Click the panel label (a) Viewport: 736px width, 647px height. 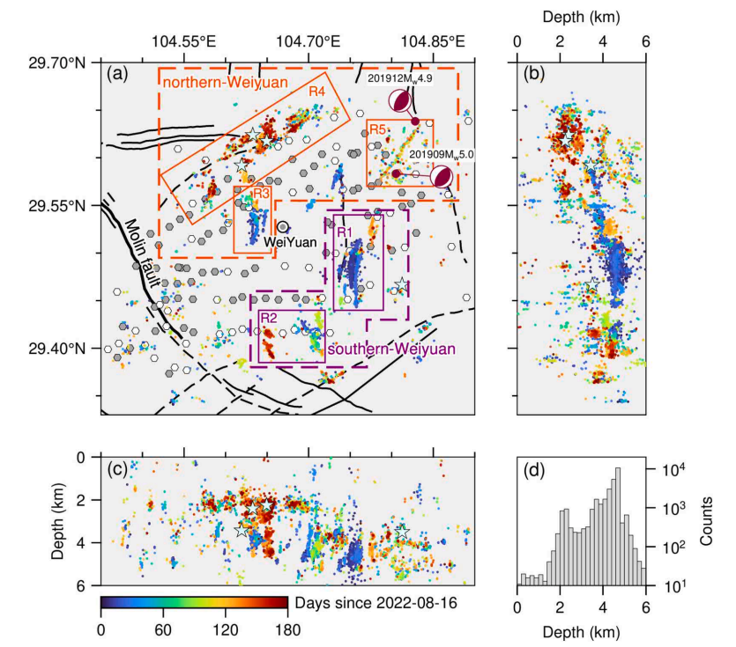(x=115, y=75)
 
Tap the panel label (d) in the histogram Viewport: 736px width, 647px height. (x=533, y=470)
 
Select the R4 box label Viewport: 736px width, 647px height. (x=317, y=91)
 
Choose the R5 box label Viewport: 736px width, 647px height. (x=377, y=130)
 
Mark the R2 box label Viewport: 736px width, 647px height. (x=267, y=317)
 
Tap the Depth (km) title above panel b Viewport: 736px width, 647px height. (x=581, y=17)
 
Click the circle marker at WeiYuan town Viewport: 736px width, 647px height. (x=283, y=227)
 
